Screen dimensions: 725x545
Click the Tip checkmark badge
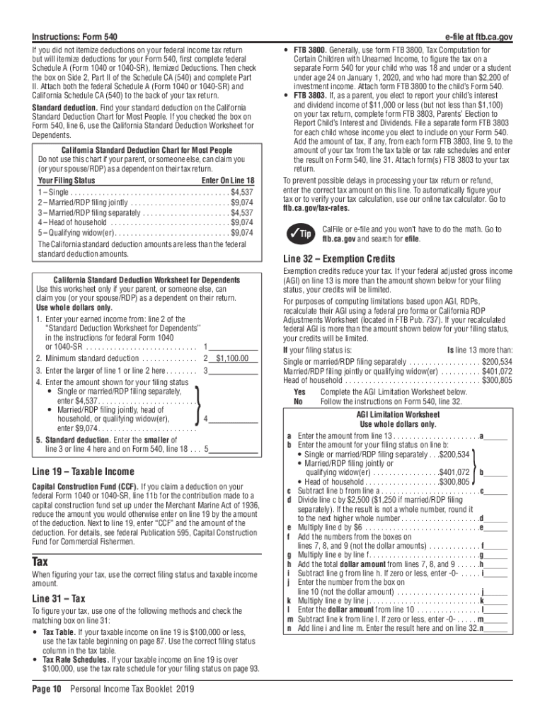298,234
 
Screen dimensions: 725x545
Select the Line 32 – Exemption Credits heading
329,259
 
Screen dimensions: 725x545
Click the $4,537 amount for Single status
241,193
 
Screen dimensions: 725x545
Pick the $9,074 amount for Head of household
241,222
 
